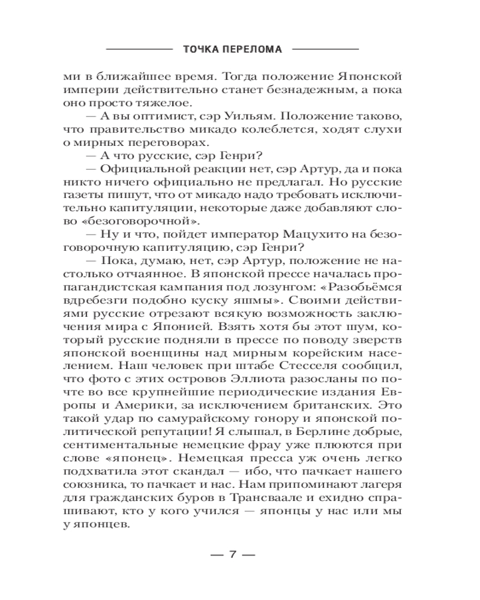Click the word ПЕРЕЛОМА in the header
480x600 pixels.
click(x=255, y=50)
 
